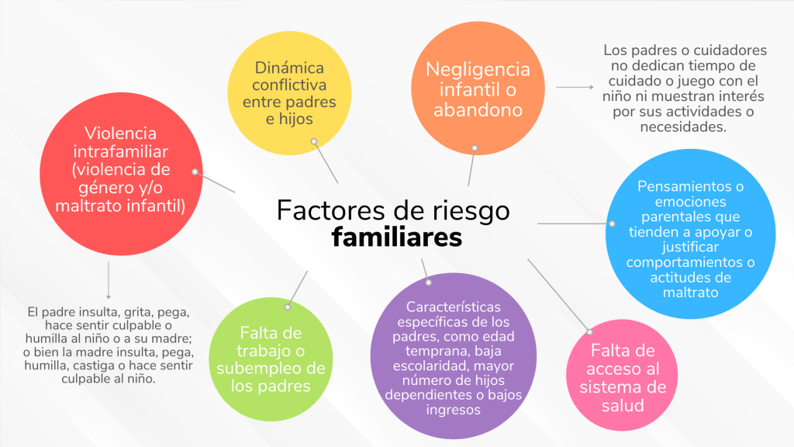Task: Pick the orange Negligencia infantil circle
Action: pyautogui.click(x=478, y=89)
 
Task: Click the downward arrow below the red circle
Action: pyautogui.click(x=109, y=280)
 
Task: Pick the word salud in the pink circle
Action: pyautogui.click(x=623, y=404)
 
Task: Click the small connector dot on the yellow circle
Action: pyautogui.click(x=314, y=141)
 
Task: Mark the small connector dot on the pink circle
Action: pyautogui.click(x=589, y=332)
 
